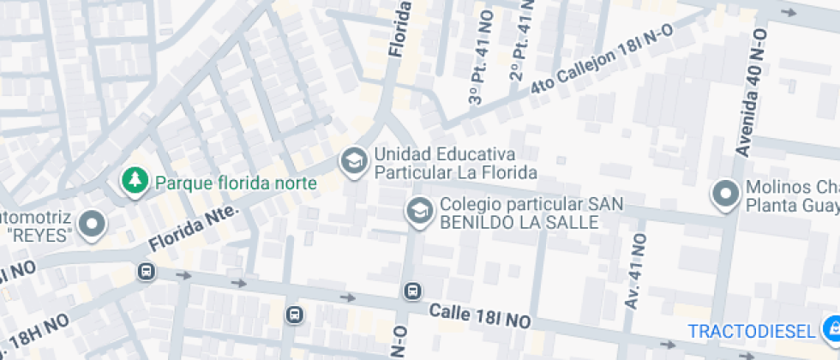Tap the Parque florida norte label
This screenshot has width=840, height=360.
click(236, 183)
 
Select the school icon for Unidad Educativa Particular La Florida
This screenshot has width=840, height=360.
click(351, 160)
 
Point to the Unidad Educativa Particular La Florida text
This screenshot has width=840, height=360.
click(455, 164)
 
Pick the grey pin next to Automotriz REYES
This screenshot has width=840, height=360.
click(91, 224)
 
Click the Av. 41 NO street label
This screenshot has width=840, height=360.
click(634, 271)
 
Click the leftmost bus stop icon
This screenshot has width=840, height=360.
click(146, 272)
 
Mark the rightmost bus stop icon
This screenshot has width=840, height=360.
click(413, 291)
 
